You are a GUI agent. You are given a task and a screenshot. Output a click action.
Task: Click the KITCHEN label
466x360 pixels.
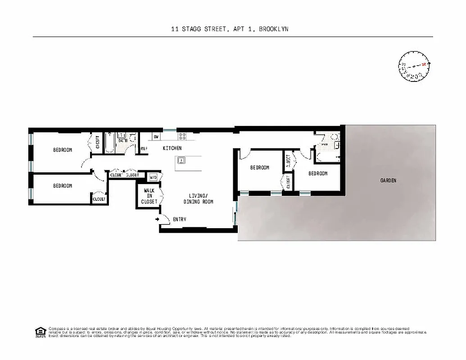coord(172,148)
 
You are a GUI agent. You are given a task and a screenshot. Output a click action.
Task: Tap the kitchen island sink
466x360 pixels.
coord(182,160)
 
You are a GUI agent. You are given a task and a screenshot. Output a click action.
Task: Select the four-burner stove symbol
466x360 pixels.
coord(183,136)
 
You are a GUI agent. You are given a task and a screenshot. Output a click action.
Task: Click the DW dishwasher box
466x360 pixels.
coord(156,136)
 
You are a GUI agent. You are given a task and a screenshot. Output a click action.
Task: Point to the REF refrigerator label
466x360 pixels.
coord(144,148)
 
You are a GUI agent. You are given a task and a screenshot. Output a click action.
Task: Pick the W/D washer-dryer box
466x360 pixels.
coord(153,177)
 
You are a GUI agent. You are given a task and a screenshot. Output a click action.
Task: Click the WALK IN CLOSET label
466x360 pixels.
coord(149,196)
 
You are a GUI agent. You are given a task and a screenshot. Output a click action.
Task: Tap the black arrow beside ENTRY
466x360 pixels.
coord(157,220)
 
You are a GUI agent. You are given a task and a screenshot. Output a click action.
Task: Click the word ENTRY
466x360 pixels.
coord(179,220)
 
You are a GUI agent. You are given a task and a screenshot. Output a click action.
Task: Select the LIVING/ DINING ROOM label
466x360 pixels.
coord(198,198)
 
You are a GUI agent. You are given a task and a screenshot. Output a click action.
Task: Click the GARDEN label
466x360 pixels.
coord(388,180)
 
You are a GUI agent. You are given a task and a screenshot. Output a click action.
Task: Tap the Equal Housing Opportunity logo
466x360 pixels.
coord(41,332)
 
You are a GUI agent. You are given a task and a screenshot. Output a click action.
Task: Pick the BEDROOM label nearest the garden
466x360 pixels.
coord(317,173)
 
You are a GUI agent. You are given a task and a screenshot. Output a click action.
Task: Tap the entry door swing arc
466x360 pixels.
coord(165,218)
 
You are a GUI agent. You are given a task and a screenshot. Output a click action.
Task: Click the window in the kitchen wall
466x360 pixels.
coord(170,130)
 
